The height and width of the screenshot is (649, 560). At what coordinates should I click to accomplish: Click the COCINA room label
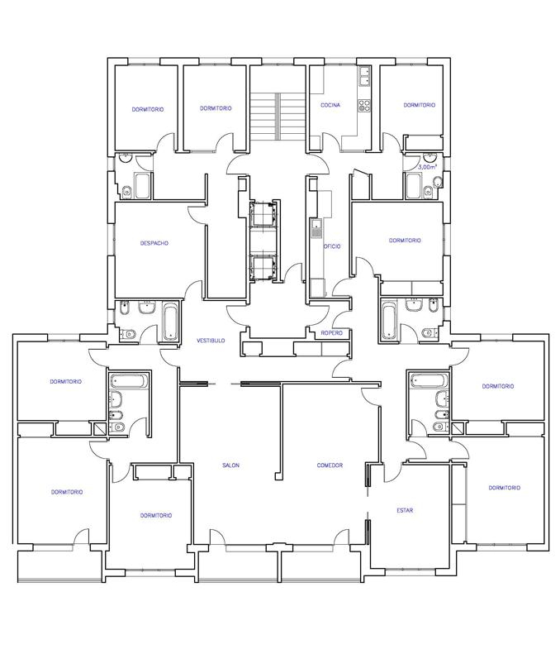330,105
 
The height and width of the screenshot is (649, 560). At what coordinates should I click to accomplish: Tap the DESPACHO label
154,243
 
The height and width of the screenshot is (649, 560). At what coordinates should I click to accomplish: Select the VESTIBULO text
211,341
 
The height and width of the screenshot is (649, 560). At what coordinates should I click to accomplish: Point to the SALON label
230,465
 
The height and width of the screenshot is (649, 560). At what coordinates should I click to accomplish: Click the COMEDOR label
330,465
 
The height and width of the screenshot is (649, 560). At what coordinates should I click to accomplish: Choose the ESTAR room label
405,510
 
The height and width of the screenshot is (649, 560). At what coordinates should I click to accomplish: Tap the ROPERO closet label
332,333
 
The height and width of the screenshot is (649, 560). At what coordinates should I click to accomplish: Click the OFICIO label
333,246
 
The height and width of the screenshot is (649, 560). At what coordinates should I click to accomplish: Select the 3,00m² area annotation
427,167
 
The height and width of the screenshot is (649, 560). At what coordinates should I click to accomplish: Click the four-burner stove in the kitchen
364,105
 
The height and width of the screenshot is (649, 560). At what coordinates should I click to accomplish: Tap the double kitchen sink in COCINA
364,77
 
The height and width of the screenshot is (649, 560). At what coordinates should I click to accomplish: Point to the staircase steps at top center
278,117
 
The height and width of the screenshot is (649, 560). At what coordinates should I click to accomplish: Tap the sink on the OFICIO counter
316,228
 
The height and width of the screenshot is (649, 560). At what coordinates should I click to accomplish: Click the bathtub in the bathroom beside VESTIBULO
171,322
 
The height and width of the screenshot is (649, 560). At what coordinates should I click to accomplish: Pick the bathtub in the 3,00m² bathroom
413,186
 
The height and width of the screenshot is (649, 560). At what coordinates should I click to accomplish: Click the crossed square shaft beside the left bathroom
100,428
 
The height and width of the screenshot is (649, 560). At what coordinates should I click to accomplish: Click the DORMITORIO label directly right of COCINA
420,105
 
